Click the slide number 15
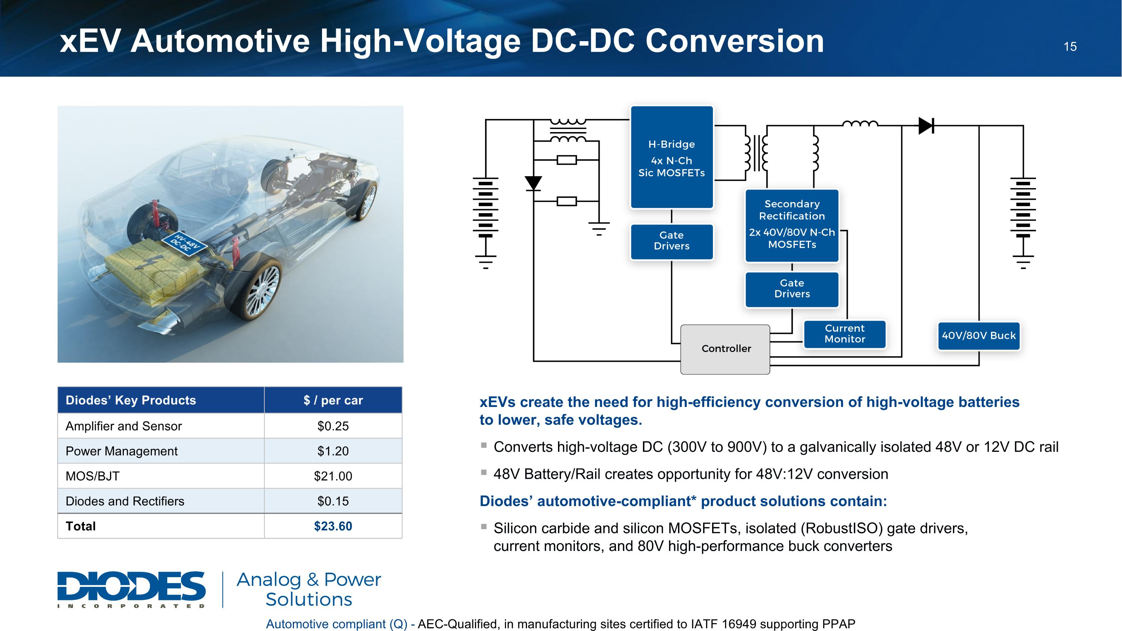(1070, 47)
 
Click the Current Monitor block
(844, 334)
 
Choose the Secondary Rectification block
(792, 225)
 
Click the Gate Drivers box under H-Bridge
(672, 241)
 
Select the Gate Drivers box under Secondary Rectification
(792, 289)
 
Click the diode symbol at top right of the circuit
(926, 125)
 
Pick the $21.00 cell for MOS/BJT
(333, 476)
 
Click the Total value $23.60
(333, 526)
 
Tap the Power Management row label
(122, 451)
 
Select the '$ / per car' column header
(333, 400)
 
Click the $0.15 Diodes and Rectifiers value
(333, 501)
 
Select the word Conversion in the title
(735, 41)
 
